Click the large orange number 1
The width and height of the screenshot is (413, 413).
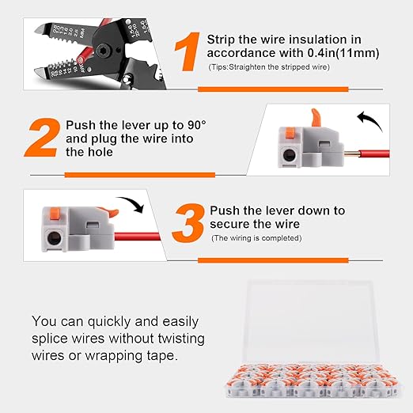point(188,51)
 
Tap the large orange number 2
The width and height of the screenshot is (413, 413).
point(42,138)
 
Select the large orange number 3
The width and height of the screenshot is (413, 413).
point(188,223)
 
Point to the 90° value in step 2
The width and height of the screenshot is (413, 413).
point(197,125)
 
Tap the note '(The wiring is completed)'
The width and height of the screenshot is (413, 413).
point(256,238)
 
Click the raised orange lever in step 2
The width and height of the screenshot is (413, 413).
point(316,118)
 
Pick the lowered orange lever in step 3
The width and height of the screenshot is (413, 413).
point(110,212)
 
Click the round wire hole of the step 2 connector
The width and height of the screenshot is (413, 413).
point(290,154)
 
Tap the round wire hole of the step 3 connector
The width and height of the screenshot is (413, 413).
point(55,238)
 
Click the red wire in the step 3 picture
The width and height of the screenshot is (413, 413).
point(138,237)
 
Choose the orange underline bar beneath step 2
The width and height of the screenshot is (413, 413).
point(140,175)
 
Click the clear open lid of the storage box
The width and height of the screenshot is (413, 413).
point(310,323)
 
